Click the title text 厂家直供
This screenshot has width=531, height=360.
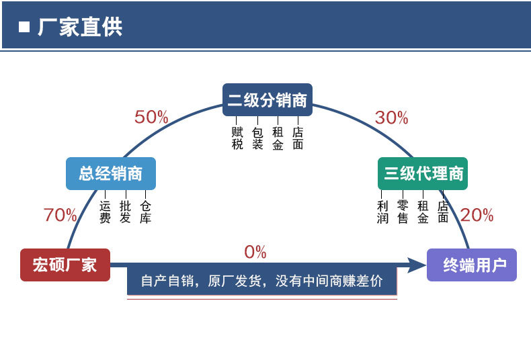[80, 27]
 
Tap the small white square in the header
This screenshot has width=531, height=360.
[25, 27]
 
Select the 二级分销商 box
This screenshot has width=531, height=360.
[267, 101]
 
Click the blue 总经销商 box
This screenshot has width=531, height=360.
[111, 173]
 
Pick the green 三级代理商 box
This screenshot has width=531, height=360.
[423, 173]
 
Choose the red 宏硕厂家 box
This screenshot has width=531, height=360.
[65, 264]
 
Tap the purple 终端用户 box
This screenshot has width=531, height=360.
[472, 265]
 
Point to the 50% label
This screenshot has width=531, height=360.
[151, 117]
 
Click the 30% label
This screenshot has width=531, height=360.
[391, 118]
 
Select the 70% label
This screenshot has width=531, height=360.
[60, 215]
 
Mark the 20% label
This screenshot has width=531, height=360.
[477, 215]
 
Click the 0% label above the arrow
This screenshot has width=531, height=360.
[255, 252]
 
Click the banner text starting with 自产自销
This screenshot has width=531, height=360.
[261, 281]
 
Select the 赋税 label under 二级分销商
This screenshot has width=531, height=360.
[237, 138]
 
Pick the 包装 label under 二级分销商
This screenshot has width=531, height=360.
[257, 138]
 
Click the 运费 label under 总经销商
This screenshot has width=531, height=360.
[105, 212]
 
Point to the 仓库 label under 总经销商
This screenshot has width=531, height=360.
[145, 212]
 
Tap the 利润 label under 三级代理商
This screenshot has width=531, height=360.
[382, 212]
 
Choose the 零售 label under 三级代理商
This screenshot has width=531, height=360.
[403, 212]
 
